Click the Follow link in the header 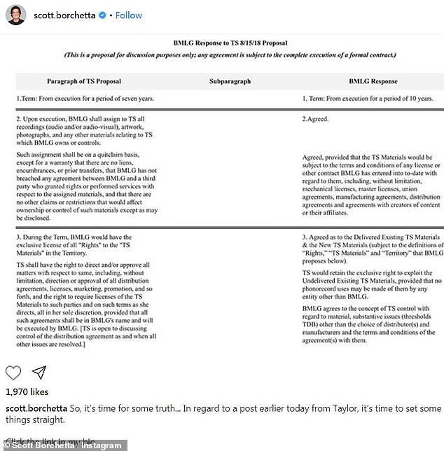[129, 15]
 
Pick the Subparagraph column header [230, 81]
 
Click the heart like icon [14, 372]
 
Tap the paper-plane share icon [39, 372]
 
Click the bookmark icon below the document [429, 372]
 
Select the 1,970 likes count [27, 392]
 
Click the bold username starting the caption [39, 408]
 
